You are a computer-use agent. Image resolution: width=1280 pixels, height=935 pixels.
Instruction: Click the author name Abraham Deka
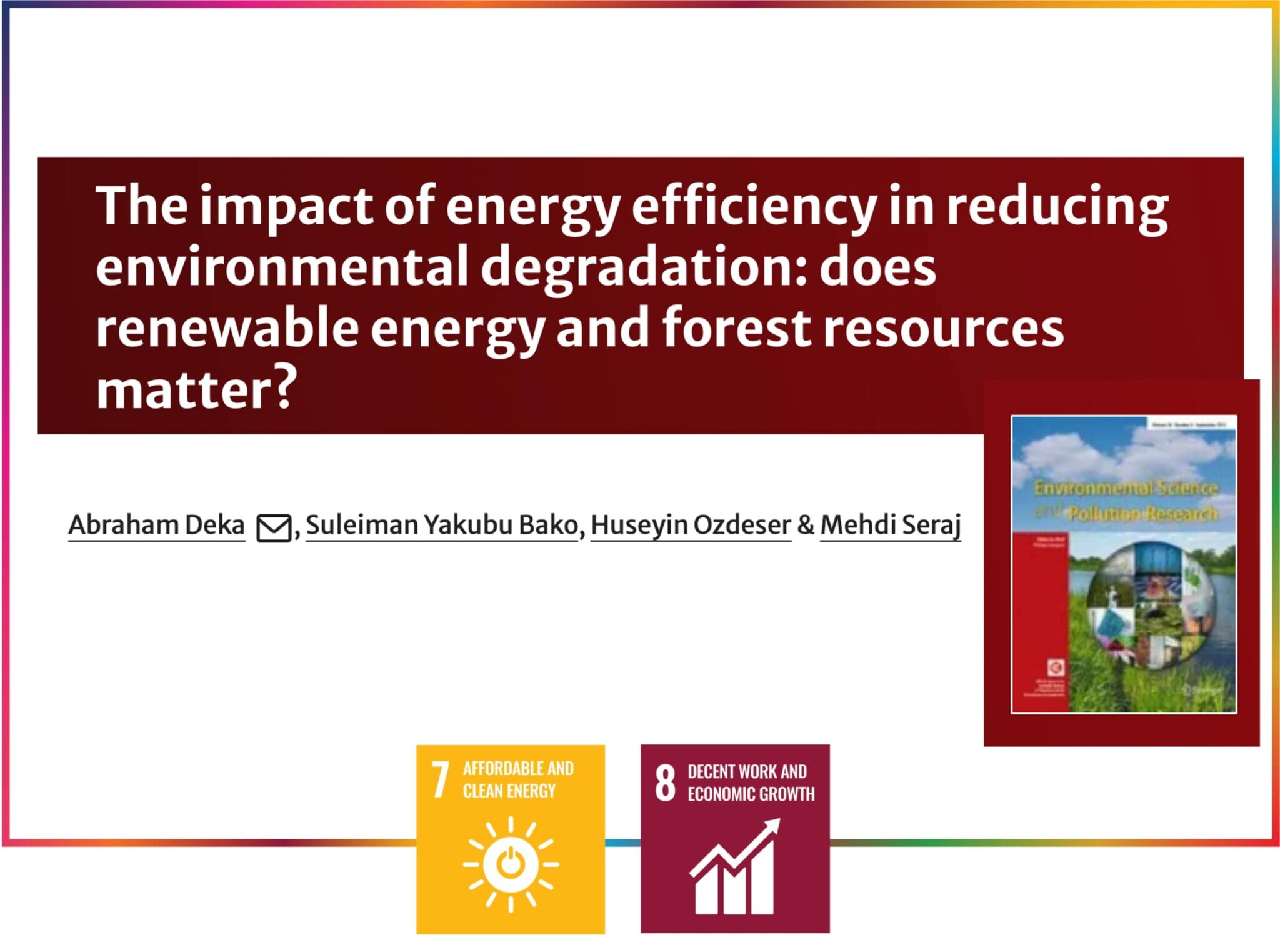click(156, 525)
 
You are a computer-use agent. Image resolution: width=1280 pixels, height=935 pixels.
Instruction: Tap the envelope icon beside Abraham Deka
click(274, 528)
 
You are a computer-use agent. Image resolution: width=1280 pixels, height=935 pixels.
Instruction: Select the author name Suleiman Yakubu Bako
click(442, 525)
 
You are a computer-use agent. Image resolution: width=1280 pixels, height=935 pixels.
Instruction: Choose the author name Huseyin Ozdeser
click(691, 525)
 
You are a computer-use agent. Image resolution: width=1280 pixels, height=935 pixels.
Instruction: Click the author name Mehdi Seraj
click(890, 525)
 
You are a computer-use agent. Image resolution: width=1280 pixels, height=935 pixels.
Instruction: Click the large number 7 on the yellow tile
click(441, 780)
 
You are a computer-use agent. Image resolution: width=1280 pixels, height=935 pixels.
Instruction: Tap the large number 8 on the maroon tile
click(665, 782)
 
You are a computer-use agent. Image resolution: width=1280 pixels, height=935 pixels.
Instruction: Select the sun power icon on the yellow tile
click(511, 864)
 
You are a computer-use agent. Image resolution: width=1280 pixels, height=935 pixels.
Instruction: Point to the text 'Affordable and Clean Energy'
click(517, 780)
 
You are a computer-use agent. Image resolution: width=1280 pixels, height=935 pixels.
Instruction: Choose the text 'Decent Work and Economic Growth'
click(750, 782)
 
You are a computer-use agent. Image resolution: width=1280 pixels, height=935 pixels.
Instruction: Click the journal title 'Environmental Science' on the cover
click(1125, 487)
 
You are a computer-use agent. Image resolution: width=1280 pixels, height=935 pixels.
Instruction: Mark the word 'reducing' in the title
click(1057, 206)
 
